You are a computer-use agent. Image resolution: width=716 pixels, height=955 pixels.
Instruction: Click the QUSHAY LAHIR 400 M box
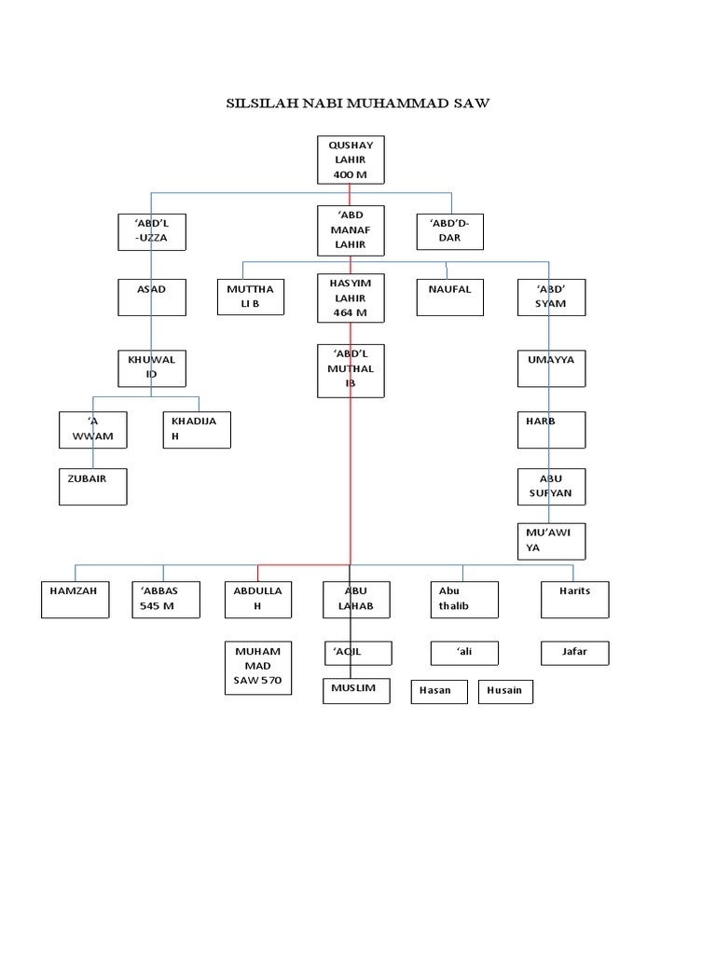pos(351,159)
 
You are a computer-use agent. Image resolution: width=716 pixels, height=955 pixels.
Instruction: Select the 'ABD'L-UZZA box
pos(151,232)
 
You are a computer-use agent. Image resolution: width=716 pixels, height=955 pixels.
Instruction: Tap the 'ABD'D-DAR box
pos(451,231)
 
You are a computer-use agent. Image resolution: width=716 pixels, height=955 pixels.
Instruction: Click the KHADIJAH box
pos(196,430)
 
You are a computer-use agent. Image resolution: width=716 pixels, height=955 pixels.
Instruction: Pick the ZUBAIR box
pos(92,487)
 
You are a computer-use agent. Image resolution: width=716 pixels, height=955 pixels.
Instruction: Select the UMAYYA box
pos(552,368)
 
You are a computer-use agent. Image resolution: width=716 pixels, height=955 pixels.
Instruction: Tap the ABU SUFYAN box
pos(552,486)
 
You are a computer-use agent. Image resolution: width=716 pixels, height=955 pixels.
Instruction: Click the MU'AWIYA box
pos(552,541)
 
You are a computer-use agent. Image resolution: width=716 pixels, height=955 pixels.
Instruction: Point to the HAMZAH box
pos(76,599)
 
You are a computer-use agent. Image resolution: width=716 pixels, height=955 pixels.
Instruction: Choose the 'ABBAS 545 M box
pos(166,599)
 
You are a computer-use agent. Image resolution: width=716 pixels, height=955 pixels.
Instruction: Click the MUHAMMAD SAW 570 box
pos(258,668)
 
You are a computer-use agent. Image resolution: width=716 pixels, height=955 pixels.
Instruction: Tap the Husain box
pos(505,692)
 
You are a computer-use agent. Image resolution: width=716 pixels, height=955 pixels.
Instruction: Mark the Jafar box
pos(574,653)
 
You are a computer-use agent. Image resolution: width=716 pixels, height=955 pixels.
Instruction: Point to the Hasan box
pos(439,692)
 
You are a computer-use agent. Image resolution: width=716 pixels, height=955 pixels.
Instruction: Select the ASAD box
pos(151,298)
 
